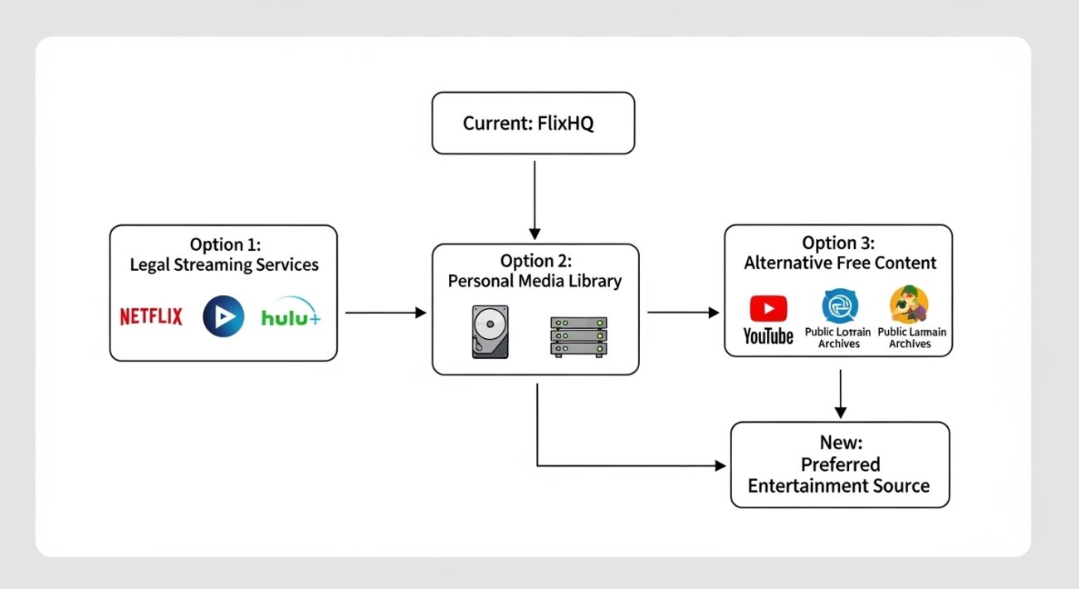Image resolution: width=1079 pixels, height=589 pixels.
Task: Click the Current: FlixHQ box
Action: click(x=533, y=123)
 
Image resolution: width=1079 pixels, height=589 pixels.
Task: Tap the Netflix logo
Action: click(x=151, y=317)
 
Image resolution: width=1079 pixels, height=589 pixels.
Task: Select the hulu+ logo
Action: click(x=290, y=317)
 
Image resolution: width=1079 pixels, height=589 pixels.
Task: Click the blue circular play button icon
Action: click(x=223, y=317)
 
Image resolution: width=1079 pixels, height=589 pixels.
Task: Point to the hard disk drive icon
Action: click(x=490, y=331)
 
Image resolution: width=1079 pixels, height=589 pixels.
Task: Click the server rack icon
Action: click(x=579, y=336)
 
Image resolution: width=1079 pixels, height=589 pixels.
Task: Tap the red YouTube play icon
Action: click(x=768, y=308)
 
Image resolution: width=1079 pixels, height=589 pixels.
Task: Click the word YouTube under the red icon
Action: click(x=768, y=336)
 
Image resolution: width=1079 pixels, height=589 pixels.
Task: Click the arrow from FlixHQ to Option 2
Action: click(x=535, y=199)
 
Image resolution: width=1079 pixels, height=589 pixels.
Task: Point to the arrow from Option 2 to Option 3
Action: click(x=682, y=312)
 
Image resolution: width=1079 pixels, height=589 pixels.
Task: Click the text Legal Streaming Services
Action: click(x=224, y=265)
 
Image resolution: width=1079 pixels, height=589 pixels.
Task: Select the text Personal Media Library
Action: click(x=535, y=281)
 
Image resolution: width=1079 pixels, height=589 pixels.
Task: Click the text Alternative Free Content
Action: click(x=840, y=263)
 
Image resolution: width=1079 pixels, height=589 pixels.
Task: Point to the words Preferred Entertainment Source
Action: click(x=838, y=475)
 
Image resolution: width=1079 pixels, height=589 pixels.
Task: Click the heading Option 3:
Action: click(x=838, y=243)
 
